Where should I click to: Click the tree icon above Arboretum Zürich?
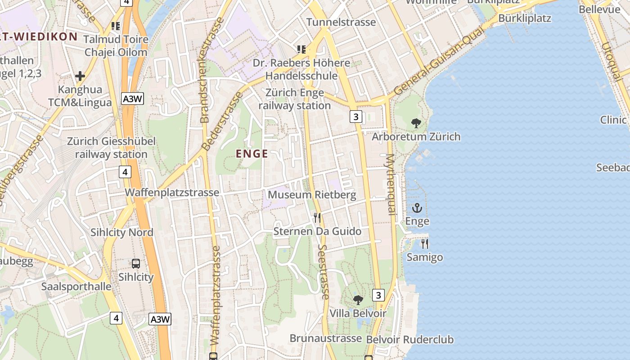(x=416, y=123)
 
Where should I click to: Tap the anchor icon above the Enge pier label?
(x=417, y=208)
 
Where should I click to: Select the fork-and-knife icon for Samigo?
(x=425, y=244)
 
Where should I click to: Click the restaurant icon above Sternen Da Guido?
(x=317, y=218)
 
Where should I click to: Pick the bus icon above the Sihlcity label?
(x=136, y=264)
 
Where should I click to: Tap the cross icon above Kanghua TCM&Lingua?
(x=80, y=76)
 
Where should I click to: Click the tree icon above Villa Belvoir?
(x=358, y=300)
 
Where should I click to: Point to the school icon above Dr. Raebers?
(x=301, y=49)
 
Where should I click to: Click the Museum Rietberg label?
(x=312, y=195)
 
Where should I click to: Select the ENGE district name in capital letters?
(x=252, y=154)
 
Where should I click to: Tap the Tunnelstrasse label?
(x=341, y=22)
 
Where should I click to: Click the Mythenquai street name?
(x=390, y=184)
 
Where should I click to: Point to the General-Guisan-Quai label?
(x=440, y=61)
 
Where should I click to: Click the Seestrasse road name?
(x=324, y=272)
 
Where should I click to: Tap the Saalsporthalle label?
(x=76, y=287)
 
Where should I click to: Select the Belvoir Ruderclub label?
(x=410, y=339)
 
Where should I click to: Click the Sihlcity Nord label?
(x=122, y=233)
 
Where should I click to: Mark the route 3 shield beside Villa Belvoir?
(x=378, y=295)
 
